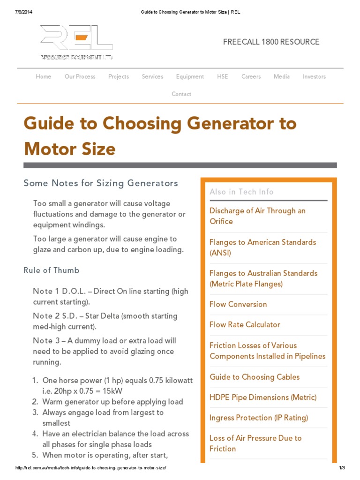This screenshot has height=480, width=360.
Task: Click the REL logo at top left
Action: tap(76, 42)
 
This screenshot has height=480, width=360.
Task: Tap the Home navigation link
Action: tap(44, 76)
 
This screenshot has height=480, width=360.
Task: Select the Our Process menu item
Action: tap(80, 76)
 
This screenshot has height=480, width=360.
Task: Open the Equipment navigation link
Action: tap(190, 76)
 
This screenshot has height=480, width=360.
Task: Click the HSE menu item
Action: tap(223, 76)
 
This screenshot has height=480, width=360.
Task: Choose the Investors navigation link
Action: tap(314, 76)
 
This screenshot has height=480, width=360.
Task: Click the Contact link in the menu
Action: tap(181, 94)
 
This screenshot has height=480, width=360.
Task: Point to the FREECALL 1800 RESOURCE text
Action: tap(271, 42)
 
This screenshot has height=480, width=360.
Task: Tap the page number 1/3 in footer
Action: tap(341, 468)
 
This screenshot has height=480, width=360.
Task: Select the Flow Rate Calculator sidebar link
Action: tap(245, 324)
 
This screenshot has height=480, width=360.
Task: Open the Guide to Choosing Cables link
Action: tap(255, 377)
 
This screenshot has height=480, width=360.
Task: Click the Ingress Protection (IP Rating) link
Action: tap(259, 418)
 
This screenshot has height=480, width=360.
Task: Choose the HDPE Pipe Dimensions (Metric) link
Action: tap(263, 397)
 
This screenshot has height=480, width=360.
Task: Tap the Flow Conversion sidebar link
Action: tap(238, 304)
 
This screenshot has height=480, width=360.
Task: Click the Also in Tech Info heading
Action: tap(241, 192)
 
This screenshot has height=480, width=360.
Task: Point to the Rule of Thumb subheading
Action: tap(52, 270)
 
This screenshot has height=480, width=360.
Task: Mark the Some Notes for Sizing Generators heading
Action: tap(101, 183)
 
